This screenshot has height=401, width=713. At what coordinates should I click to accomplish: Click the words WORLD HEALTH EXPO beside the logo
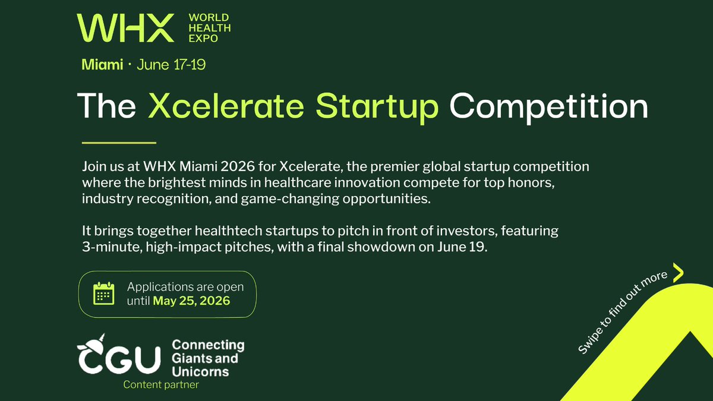210,28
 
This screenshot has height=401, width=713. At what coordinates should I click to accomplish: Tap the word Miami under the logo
102,65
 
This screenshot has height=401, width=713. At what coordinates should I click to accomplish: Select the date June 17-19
171,65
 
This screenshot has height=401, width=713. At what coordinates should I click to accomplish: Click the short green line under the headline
118,143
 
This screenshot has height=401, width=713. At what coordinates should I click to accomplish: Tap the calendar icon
104,294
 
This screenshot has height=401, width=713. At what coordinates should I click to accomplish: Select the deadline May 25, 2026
191,301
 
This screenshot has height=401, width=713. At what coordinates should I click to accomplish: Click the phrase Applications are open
185,287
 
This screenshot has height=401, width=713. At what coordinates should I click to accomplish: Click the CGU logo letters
120,358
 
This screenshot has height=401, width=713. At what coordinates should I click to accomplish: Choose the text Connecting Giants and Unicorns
208,358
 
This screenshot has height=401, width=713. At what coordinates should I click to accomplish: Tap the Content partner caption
161,385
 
